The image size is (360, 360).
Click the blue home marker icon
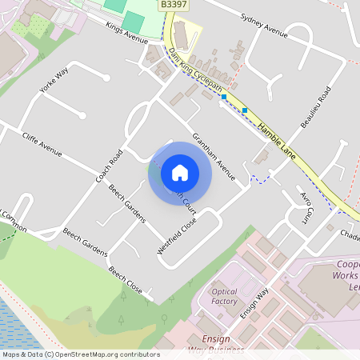(x=180, y=173)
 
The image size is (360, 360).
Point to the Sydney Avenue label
(x=263, y=26)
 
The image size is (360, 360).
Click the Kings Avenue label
(x=127, y=33)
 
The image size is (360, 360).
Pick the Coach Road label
(x=110, y=166)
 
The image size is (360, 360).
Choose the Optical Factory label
(x=225, y=296)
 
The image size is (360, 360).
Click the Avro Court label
(x=304, y=207)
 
